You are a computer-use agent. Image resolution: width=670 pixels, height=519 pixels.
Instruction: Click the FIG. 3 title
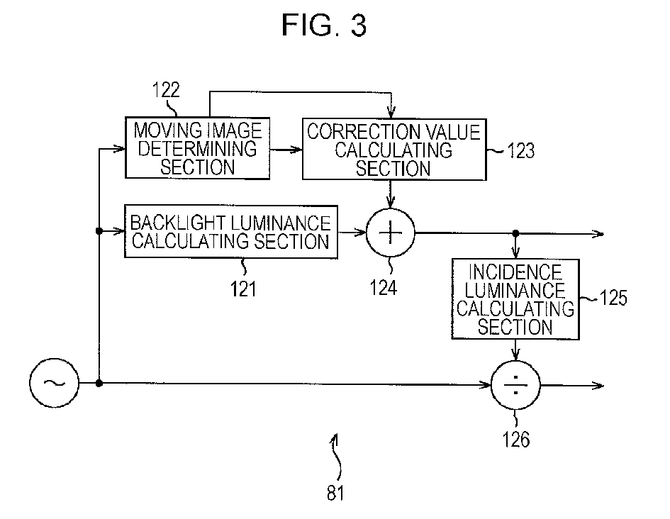(324, 25)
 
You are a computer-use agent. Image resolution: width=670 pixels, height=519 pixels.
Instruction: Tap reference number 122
(166, 90)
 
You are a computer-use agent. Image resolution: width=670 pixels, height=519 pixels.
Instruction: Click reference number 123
(520, 151)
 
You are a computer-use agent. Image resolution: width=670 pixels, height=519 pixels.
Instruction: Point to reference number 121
(244, 289)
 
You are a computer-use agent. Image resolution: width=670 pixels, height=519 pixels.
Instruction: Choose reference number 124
(384, 287)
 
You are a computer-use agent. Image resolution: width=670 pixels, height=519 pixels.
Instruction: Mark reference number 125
(613, 298)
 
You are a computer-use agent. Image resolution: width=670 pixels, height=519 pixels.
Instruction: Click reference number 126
(516, 439)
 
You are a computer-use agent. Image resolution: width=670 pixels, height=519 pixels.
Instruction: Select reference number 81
(335, 493)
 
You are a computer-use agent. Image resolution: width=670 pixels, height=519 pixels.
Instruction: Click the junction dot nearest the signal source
(99, 383)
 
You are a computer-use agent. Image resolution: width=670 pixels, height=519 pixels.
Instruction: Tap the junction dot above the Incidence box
(515, 233)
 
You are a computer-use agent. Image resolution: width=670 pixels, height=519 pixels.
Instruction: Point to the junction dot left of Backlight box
(99, 231)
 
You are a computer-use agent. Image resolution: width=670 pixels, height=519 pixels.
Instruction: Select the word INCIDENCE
(515, 272)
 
